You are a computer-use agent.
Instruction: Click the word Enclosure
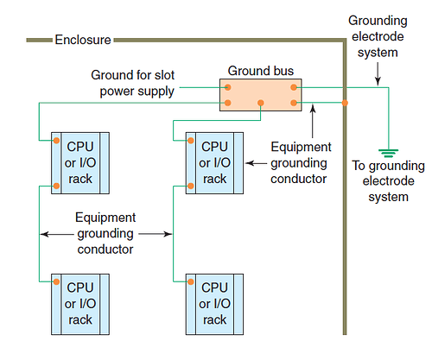pyautogui.click(x=82, y=40)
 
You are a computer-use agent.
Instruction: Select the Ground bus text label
pyautogui.click(x=260, y=70)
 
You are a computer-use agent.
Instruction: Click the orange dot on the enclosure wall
pyautogui.click(x=344, y=104)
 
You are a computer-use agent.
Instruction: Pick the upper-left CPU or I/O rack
pyautogui.click(x=79, y=162)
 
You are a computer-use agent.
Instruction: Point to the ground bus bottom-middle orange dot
pyautogui.click(x=260, y=104)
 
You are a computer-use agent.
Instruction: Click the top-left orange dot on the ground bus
pyautogui.click(x=228, y=86)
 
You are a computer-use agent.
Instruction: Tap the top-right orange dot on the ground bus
pyautogui.click(x=294, y=86)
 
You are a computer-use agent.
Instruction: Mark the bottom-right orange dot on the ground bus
pyautogui.click(x=294, y=104)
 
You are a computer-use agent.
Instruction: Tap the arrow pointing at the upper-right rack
pyautogui.click(x=256, y=161)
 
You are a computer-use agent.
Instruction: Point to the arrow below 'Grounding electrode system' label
pyautogui.click(x=378, y=76)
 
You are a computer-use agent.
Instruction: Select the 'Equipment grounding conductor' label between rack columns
pyautogui.click(x=105, y=233)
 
